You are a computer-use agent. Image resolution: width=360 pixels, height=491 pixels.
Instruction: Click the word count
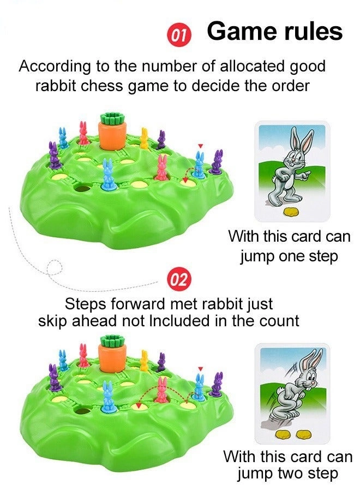tap(280, 321)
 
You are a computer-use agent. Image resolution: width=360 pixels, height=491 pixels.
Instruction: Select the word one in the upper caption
tap(280, 256)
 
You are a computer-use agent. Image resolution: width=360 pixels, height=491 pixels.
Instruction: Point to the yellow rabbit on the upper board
tap(144, 139)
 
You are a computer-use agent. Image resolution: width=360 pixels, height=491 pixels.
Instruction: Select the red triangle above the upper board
tap(200, 146)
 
